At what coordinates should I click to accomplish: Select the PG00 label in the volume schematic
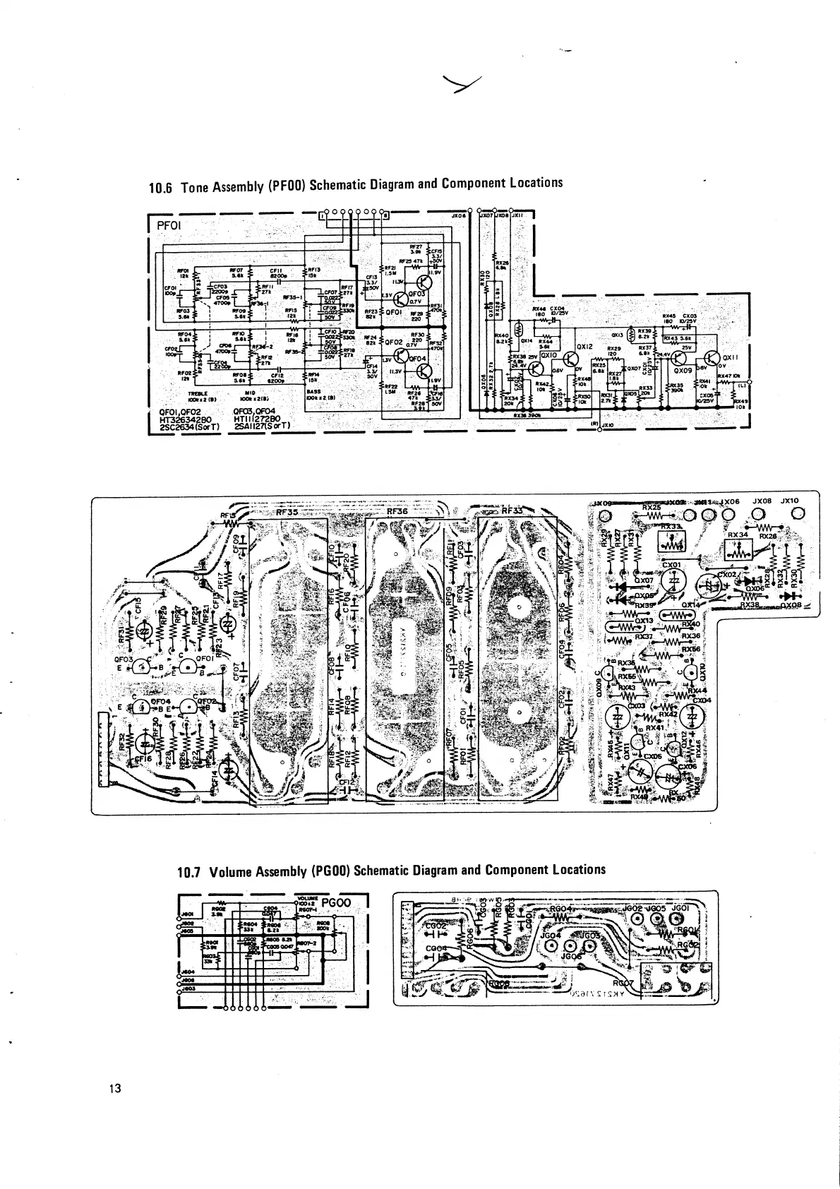point(341,902)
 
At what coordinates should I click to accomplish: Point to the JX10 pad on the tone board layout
point(798,513)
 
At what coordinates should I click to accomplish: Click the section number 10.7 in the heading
point(190,871)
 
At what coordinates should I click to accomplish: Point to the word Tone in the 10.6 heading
point(194,188)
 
